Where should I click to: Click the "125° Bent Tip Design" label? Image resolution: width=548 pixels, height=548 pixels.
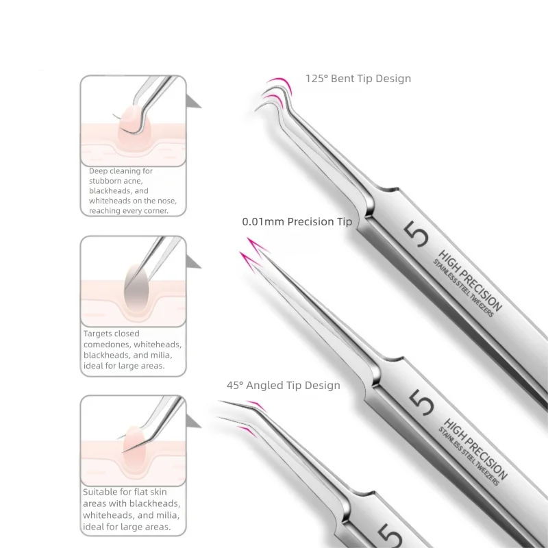tap(358, 79)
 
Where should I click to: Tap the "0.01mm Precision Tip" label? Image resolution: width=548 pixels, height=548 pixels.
tap(297, 222)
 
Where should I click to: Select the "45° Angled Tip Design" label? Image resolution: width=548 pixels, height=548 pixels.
tap(283, 386)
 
